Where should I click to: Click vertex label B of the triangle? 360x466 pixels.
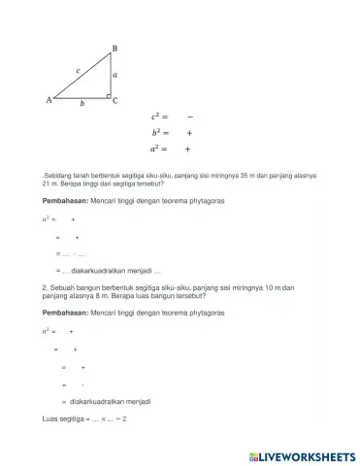tap(115, 48)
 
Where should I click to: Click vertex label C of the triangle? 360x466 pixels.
tap(115, 101)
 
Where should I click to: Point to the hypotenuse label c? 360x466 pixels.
tap(78, 70)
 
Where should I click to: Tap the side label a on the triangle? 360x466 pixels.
tap(115, 74)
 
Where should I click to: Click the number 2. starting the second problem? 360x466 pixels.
tap(45, 288)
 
